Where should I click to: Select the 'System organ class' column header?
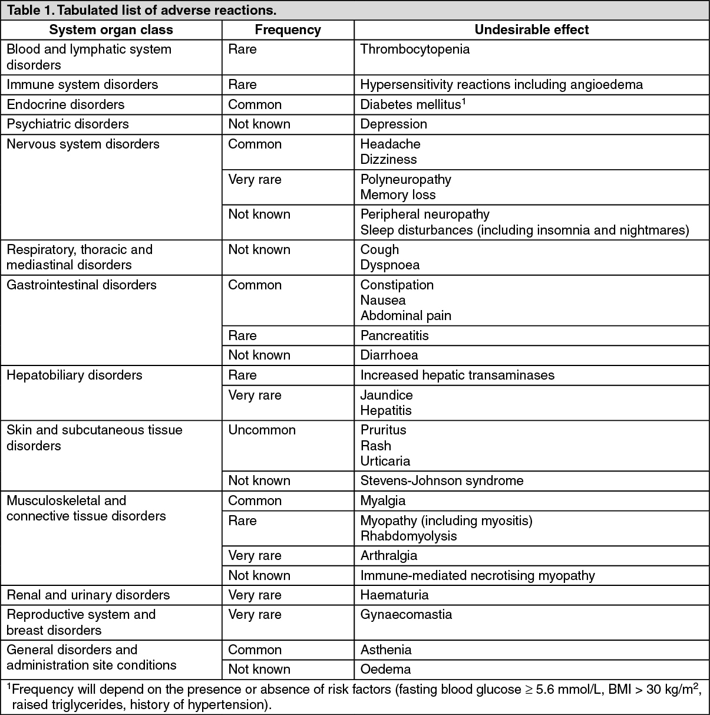111,30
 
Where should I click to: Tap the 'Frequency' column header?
288,30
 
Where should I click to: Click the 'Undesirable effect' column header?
531,30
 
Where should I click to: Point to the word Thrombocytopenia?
415,50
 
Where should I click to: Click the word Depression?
394,124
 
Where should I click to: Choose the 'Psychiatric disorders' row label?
68,124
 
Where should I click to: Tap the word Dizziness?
388,160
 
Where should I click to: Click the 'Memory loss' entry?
398,195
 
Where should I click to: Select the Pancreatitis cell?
394,336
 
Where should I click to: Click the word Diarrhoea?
389,355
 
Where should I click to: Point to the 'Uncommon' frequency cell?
262,430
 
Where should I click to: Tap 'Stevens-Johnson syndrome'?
442,481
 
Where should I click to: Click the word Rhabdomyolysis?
408,536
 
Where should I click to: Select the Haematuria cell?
394,595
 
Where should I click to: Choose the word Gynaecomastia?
406,615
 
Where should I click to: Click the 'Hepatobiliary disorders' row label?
74,375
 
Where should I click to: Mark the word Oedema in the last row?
385,670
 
